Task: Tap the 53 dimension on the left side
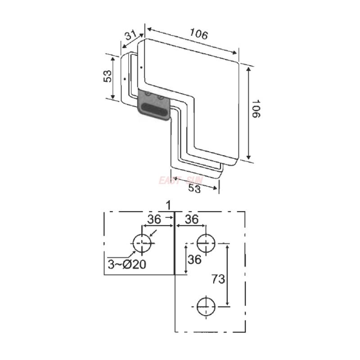pyautogui.click(x=107, y=76)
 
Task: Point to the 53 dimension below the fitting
pyautogui.click(x=194, y=189)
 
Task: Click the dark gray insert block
pyautogui.click(x=153, y=106)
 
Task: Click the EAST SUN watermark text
pyautogui.click(x=180, y=180)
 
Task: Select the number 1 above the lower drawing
pyautogui.click(x=167, y=205)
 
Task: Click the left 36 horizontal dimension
pyautogui.click(x=154, y=220)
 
